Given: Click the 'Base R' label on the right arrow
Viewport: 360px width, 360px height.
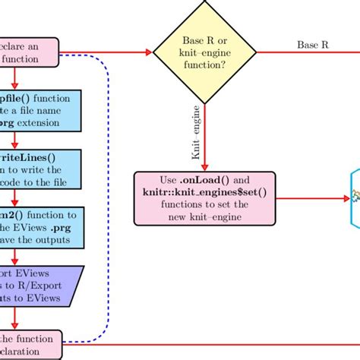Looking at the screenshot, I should (x=312, y=44).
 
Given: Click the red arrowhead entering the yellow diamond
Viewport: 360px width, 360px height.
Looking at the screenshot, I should (x=148, y=53).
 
